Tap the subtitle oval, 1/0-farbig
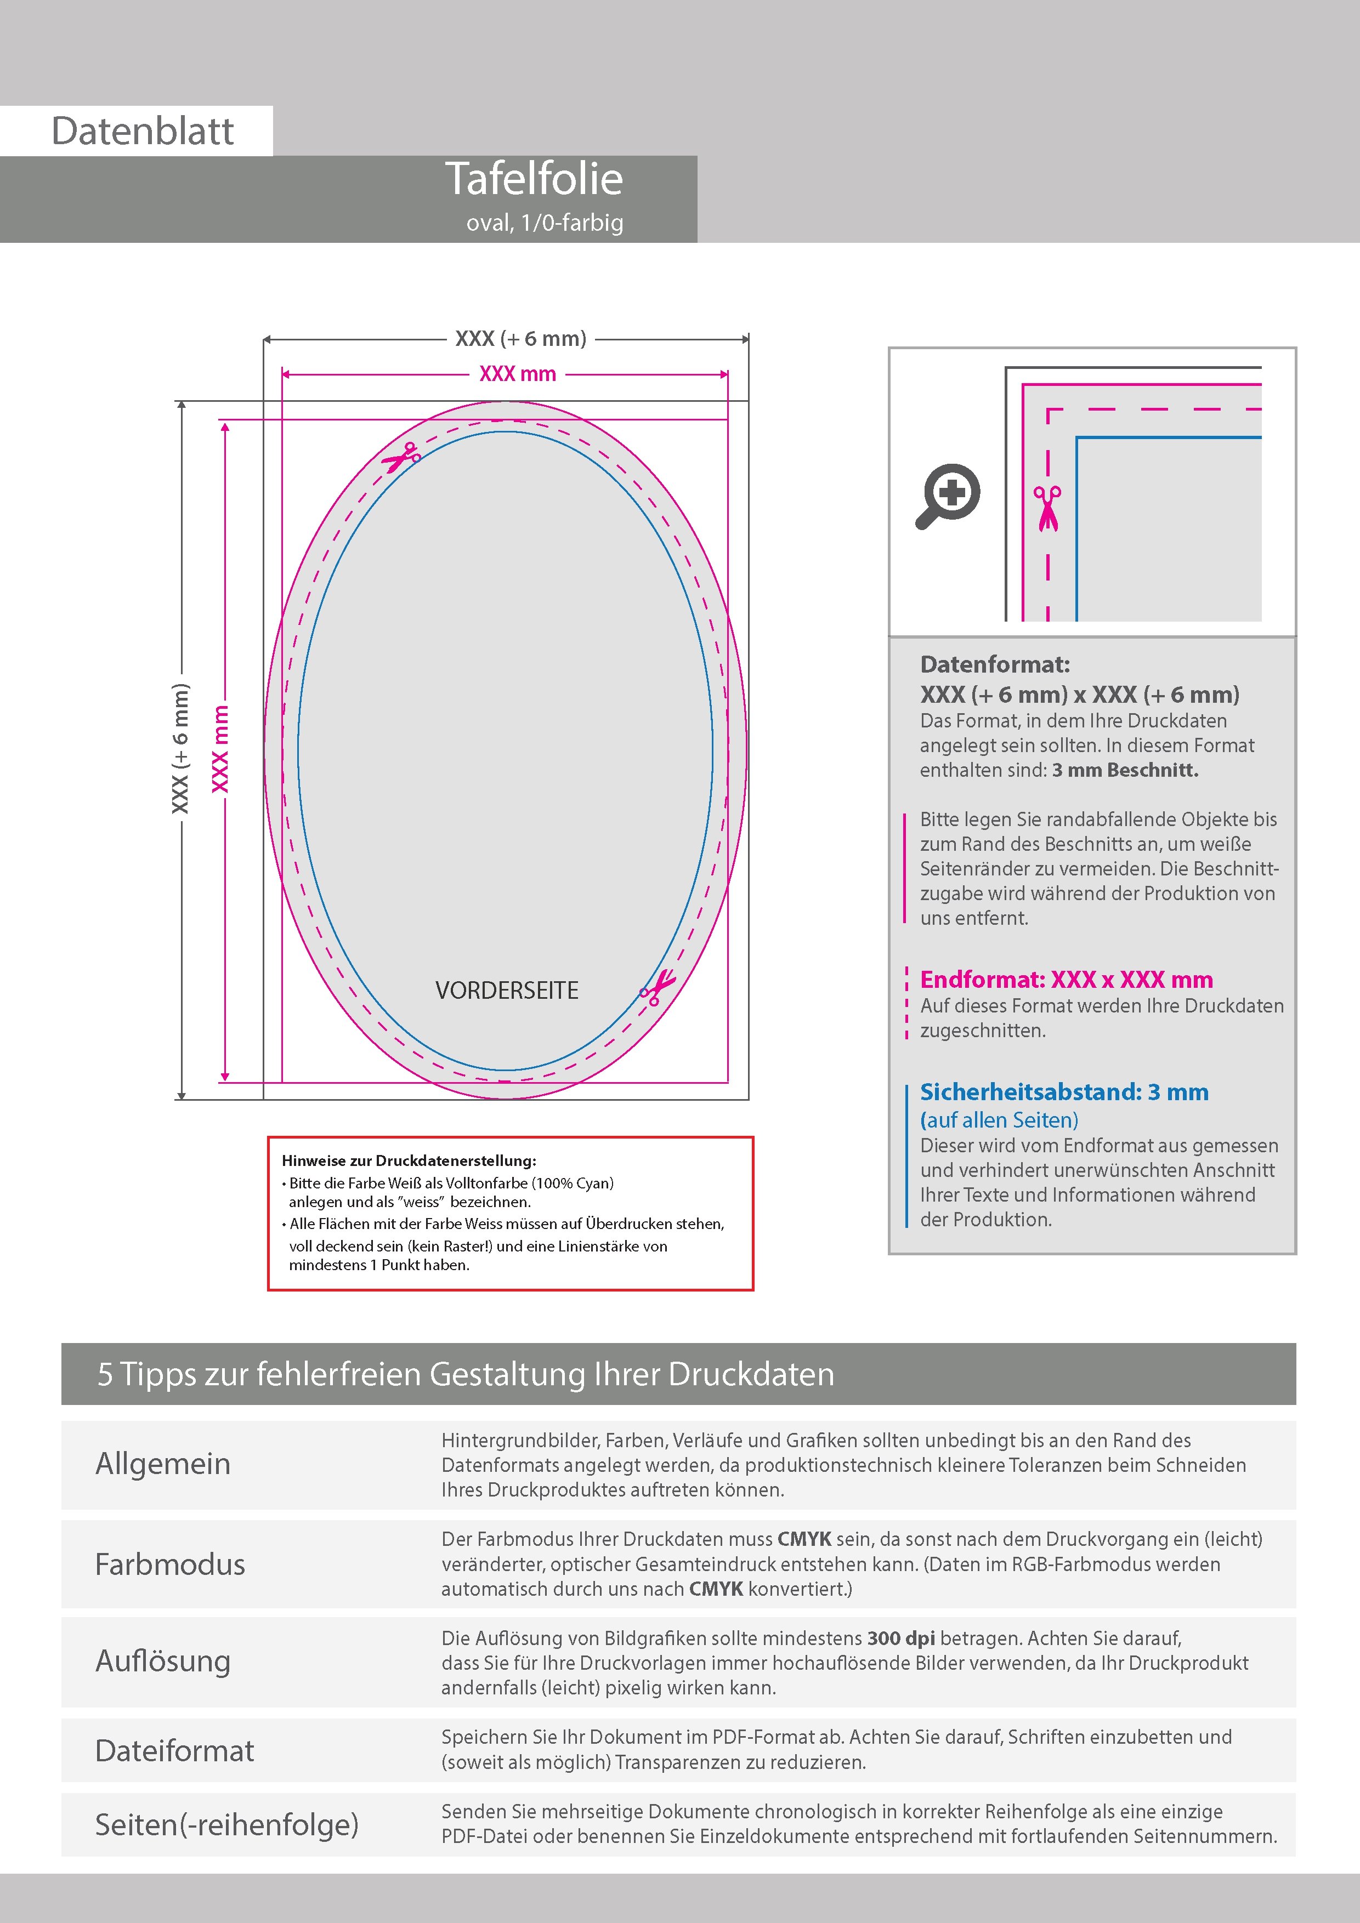545,223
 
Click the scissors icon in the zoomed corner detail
1047,508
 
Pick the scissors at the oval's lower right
658,987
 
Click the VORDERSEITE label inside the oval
507,990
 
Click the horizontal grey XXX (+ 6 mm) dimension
520,338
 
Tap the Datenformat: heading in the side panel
995,664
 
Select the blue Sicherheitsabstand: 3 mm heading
1064,1091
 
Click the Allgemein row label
162,1464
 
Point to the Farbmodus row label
170,1564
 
